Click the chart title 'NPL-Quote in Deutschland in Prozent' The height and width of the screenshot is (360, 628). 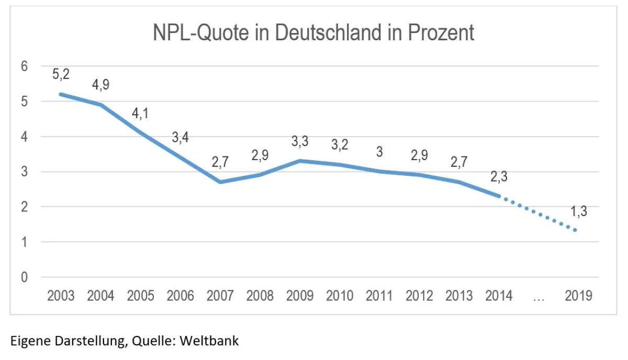coord(313,33)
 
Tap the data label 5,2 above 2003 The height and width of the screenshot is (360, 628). coord(61,75)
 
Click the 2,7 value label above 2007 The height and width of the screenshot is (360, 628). coord(220,162)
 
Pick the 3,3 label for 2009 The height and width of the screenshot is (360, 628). coord(299,142)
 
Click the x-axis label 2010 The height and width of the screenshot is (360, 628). coord(340,296)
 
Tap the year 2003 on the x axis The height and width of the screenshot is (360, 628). coord(61,296)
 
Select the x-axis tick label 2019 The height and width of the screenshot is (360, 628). coord(578,296)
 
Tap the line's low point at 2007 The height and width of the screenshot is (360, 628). coord(220,182)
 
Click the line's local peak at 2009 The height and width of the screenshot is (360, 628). coord(300,161)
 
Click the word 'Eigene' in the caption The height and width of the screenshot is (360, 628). coord(28,341)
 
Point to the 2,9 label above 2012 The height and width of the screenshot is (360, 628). coord(419,155)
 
